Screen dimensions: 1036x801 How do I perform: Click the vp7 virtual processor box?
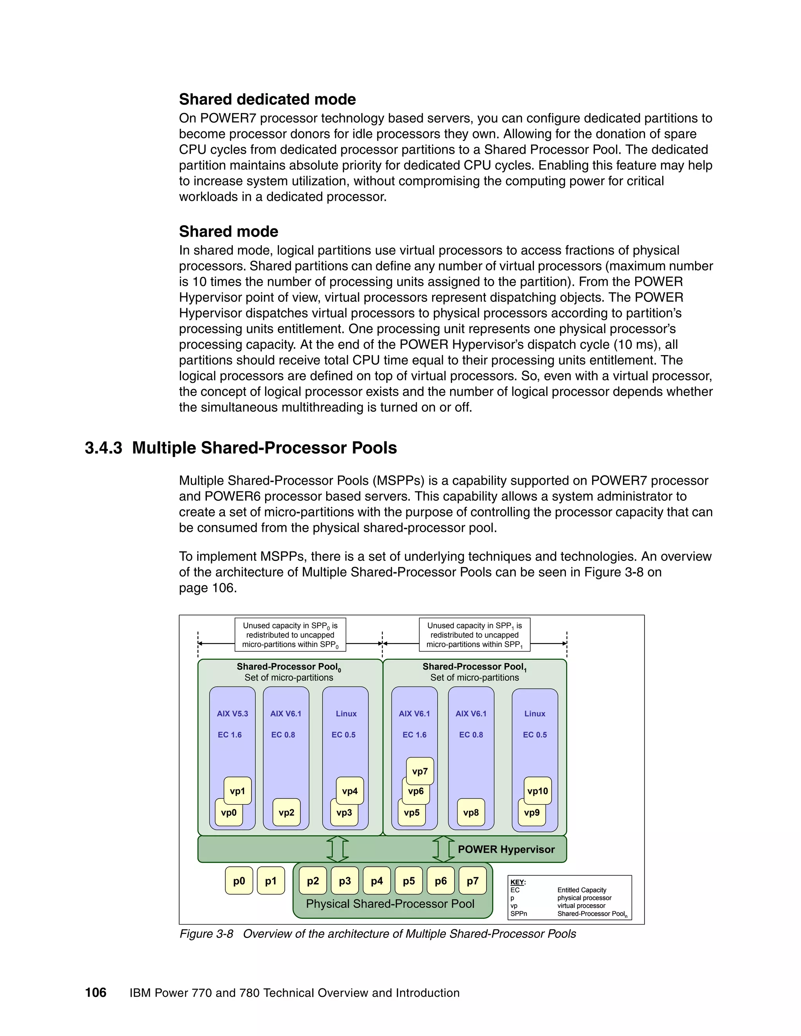pyautogui.click(x=420, y=771)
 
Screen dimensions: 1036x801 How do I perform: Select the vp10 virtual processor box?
pyautogui.click(x=538, y=791)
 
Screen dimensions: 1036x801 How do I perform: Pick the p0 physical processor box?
pyautogui.click(x=239, y=881)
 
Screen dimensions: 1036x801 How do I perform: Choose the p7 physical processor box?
pyautogui.click(x=472, y=881)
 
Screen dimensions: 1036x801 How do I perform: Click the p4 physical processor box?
pyautogui.click(x=377, y=881)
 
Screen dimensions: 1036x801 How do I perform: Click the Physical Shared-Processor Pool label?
pyautogui.click(x=390, y=903)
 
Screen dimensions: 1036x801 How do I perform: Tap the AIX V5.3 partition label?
pyautogui.click(x=233, y=713)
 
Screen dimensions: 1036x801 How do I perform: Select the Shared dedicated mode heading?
pyautogui.click(x=267, y=99)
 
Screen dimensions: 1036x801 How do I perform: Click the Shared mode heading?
pyautogui.click(x=228, y=231)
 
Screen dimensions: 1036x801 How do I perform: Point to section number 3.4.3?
pyautogui.click(x=103, y=448)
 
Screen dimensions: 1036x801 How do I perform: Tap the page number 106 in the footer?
pyautogui.click(x=96, y=993)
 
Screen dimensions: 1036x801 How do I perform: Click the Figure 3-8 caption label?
pyautogui.click(x=207, y=934)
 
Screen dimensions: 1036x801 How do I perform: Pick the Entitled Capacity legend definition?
pyautogui.click(x=582, y=890)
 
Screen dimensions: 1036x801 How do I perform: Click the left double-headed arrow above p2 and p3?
pyautogui.click(x=338, y=849)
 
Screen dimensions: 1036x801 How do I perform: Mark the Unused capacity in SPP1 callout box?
pyautogui.click(x=474, y=635)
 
